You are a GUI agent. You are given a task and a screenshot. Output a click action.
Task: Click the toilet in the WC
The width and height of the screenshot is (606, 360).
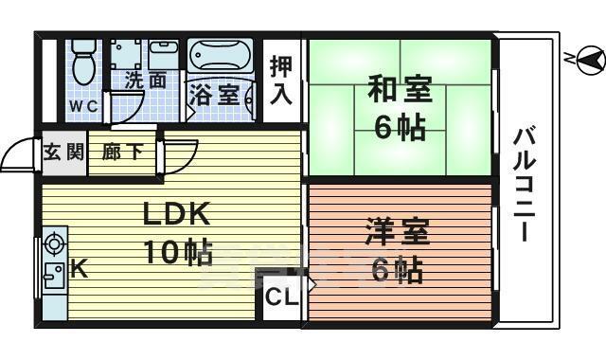(x=83, y=62)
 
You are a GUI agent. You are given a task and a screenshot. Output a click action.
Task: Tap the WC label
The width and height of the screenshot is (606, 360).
(x=81, y=106)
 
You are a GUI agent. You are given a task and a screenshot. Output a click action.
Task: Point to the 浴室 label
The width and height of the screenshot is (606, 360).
(x=214, y=95)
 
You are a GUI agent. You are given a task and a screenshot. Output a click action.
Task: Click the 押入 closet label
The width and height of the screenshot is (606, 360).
(x=281, y=81)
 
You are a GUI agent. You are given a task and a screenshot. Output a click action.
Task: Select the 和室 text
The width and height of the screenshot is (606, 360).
(x=399, y=93)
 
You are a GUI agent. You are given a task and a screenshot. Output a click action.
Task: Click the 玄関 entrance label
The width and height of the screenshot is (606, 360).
(x=64, y=152)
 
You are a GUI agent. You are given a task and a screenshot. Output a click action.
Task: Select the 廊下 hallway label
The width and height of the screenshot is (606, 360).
(x=123, y=152)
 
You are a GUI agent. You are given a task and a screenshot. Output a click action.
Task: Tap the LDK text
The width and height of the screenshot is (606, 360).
(x=175, y=215)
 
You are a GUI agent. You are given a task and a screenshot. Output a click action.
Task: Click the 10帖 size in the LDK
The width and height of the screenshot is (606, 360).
(x=177, y=252)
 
